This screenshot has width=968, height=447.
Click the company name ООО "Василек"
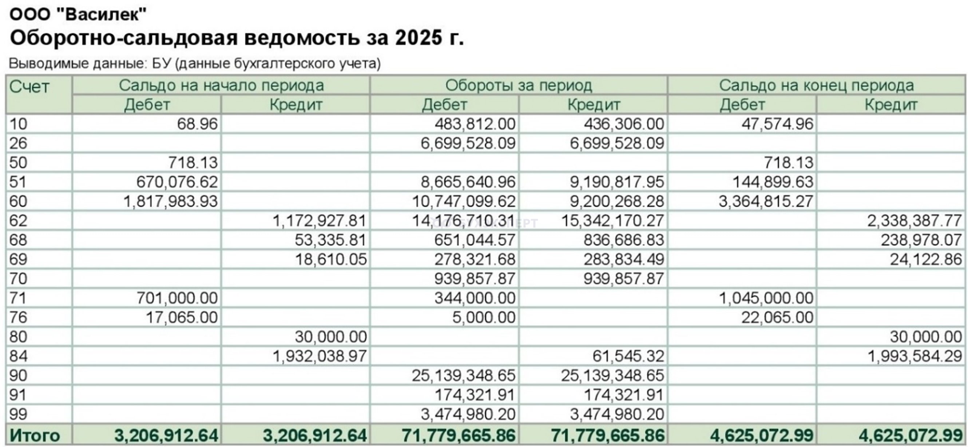click(x=78, y=15)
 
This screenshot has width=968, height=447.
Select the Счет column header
click(x=29, y=88)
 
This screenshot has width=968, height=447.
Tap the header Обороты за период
click(x=519, y=85)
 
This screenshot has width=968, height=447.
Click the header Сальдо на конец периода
click(x=816, y=85)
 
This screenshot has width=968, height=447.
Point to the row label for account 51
click(x=19, y=182)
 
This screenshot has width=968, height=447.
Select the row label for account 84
click(x=19, y=356)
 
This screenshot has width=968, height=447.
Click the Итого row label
click(x=35, y=436)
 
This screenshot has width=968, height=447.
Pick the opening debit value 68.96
click(x=197, y=124)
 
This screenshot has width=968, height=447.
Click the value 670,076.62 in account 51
click(x=177, y=182)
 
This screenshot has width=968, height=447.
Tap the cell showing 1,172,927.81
click(x=320, y=221)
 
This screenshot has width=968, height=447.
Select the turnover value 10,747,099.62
click(x=464, y=202)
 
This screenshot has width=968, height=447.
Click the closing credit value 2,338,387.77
click(x=914, y=221)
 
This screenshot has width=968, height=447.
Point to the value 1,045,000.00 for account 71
click(x=766, y=298)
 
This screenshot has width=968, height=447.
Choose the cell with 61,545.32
click(x=628, y=356)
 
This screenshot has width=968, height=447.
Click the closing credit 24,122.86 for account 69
click(x=925, y=259)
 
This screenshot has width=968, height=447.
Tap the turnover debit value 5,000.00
click(x=484, y=318)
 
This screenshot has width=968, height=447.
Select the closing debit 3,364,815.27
click(x=766, y=202)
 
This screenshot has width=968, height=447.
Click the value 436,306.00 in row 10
click(x=624, y=124)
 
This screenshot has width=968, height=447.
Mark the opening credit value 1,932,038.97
click(x=320, y=356)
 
